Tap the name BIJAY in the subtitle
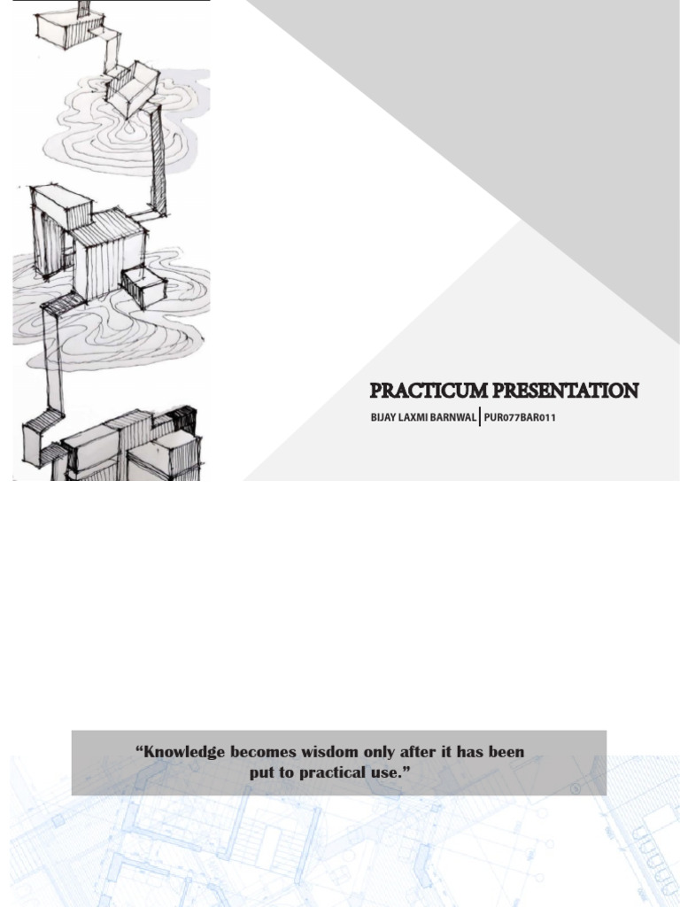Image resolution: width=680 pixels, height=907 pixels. click(382, 417)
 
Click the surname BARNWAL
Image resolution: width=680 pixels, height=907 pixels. click(454, 417)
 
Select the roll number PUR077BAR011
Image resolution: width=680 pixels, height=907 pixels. click(520, 417)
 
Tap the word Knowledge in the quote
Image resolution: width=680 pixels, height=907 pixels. click(184, 752)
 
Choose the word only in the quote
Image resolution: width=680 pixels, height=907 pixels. click(378, 752)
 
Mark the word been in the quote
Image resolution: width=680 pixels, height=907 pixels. click(506, 752)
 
